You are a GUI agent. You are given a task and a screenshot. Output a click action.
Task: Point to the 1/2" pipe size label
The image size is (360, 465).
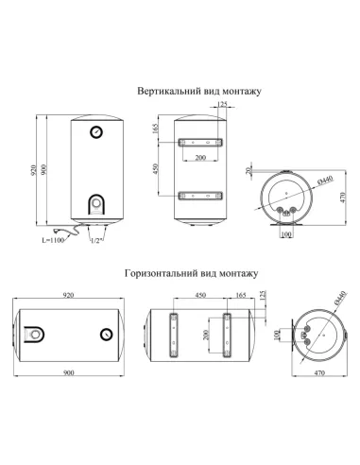click(x=94, y=242)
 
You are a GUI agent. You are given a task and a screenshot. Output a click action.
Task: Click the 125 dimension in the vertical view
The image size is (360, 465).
click(x=223, y=104)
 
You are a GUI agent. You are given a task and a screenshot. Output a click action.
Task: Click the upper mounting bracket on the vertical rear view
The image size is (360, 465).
click(x=199, y=142)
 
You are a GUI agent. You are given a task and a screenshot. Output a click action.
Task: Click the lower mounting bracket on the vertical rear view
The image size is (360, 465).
click(x=199, y=197)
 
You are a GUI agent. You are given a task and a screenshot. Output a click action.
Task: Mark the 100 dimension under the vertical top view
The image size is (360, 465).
click(x=286, y=235)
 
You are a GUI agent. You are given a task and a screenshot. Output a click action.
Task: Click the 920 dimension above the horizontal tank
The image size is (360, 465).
click(x=68, y=296)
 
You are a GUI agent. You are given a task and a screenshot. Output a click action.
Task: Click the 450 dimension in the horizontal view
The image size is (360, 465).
click(x=199, y=296)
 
